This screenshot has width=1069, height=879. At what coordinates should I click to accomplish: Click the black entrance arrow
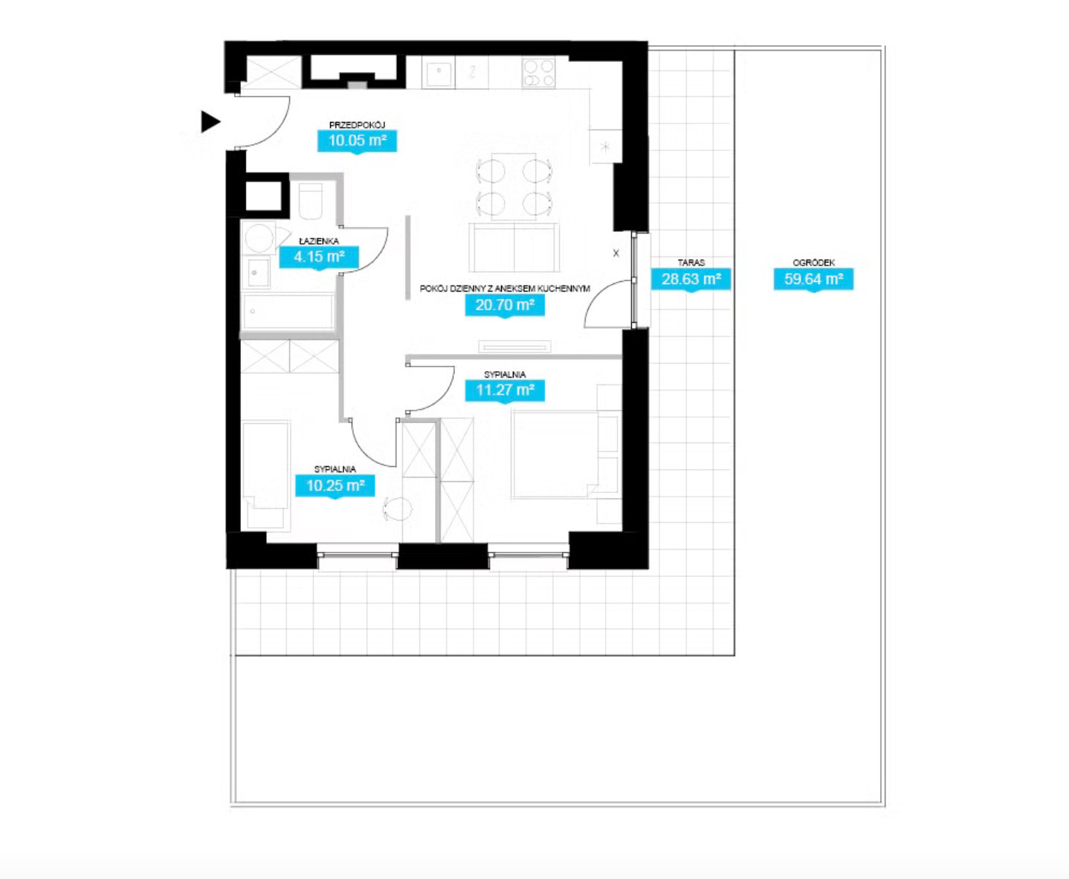tap(210, 122)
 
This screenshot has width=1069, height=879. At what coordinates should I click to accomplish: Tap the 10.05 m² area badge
tap(357, 141)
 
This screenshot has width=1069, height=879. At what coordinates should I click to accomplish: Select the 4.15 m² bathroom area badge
tap(319, 257)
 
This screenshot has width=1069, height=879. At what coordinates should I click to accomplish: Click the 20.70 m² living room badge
tap(505, 306)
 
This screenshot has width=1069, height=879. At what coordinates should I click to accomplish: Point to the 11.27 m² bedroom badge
tap(505, 390)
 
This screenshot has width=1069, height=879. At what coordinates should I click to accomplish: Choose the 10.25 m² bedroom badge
tap(335, 486)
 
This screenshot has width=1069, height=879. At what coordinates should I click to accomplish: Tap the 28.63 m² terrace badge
tap(691, 280)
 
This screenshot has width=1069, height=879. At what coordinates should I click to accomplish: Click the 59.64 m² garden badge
tap(813, 280)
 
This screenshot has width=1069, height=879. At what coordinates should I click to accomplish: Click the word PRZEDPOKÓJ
tap(357, 125)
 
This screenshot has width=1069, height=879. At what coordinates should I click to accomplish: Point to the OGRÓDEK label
tap(813, 263)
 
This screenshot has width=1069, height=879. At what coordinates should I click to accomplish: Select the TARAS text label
tap(691, 263)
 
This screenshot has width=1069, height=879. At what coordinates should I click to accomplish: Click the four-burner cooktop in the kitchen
tap(538, 73)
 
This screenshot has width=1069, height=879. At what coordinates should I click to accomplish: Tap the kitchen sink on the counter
tap(439, 74)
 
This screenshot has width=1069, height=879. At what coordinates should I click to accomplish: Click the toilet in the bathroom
tap(311, 201)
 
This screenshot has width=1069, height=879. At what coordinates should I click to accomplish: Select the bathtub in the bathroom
tap(288, 312)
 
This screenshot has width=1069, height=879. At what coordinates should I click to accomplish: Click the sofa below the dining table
tap(514, 248)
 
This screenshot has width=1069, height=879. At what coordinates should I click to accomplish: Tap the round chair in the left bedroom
tap(398, 509)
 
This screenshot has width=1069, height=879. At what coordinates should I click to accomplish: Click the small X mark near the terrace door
tap(616, 253)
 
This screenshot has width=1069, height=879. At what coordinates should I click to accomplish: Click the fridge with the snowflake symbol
tap(605, 146)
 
